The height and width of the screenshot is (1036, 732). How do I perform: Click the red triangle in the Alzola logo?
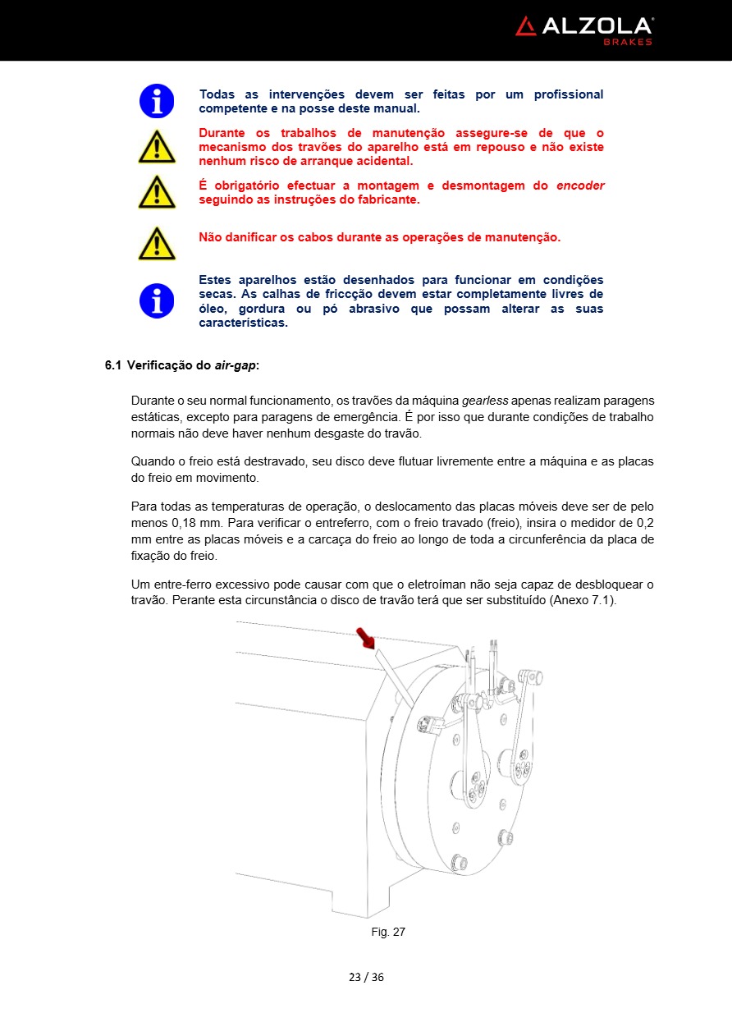pos(525,26)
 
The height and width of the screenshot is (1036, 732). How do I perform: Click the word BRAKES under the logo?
pos(628,42)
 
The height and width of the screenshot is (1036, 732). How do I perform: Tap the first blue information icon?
pos(157,101)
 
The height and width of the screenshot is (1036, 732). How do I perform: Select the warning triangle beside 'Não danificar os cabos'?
pos(157,244)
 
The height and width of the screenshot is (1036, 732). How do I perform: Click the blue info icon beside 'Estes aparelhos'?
pos(157,300)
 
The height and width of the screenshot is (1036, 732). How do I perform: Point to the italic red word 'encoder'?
pos(580,186)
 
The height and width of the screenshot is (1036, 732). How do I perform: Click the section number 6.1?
pos(113,365)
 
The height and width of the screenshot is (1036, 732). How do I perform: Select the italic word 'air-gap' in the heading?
pos(236,365)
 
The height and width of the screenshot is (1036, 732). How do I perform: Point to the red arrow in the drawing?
pos(365,637)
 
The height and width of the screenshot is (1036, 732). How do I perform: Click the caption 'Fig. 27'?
pos(388,932)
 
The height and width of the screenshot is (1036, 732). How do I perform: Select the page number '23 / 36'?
pos(366,977)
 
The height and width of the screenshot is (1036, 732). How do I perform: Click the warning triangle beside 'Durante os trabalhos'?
pos(157,147)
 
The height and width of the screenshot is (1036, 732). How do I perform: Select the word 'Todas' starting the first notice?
pos(217,94)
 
